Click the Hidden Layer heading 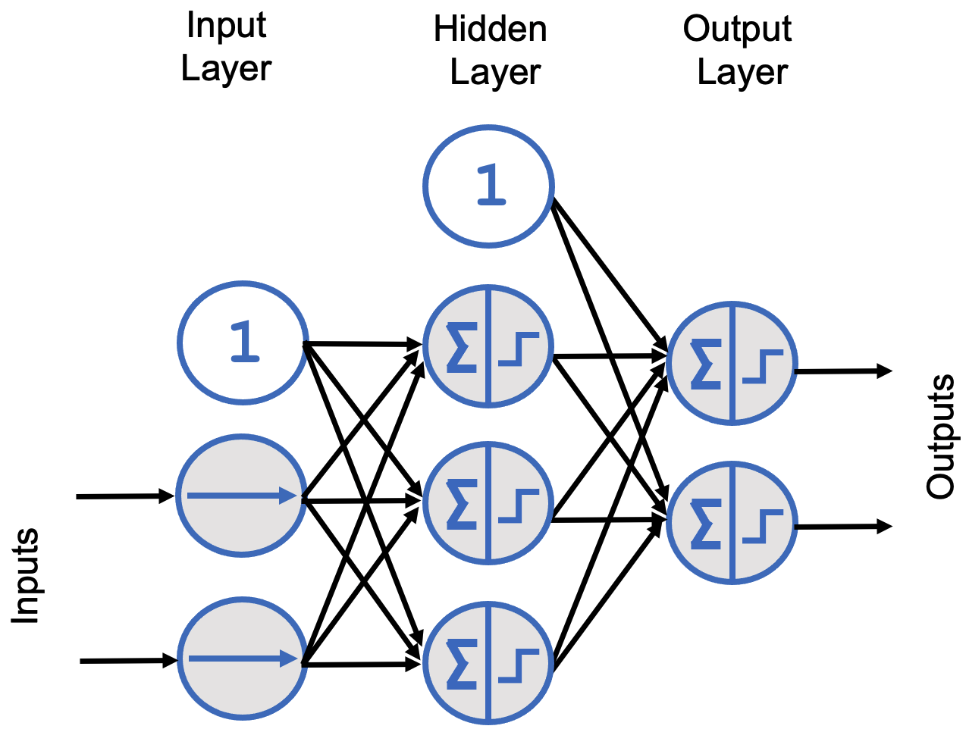pyautogui.click(x=491, y=51)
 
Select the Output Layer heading pyautogui.click(x=738, y=51)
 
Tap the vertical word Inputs pyautogui.click(x=26, y=576)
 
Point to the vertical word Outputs pyautogui.click(x=940, y=436)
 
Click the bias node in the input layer pyautogui.click(x=243, y=342)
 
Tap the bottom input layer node pyautogui.click(x=243, y=659)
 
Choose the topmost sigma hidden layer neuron pyautogui.click(x=488, y=347)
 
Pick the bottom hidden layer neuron pyautogui.click(x=488, y=661)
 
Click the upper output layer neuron pyautogui.click(x=732, y=363)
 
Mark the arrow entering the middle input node pyautogui.click(x=125, y=496)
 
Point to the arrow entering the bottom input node pyautogui.click(x=127, y=661)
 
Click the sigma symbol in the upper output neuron pyautogui.click(x=705, y=364)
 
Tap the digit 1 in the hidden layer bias pyautogui.click(x=491, y=186)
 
